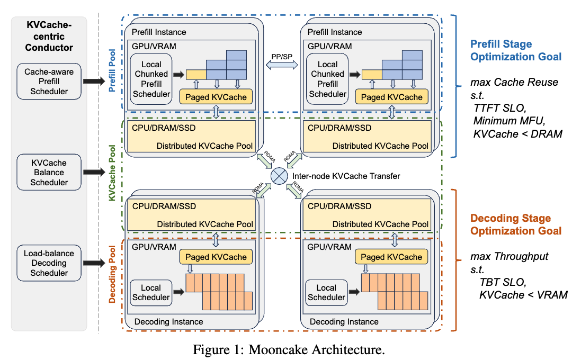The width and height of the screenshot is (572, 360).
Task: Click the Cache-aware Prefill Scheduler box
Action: click(x=49, y=82)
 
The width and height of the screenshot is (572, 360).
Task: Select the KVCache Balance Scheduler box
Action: click(x=49, y=172)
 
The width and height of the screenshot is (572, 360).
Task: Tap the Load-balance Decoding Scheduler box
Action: click(x=49, y=263)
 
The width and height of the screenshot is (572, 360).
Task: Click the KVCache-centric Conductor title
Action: click(x=49, y=36)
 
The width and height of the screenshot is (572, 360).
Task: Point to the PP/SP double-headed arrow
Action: click(x=282, y=65)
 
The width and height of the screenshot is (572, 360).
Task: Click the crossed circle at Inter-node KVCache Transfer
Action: click(x=279, y=176)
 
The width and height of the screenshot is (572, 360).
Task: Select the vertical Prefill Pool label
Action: click(x=112, y=70)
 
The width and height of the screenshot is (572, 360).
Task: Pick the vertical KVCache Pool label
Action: click(x=112, y=173)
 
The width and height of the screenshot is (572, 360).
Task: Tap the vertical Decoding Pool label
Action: click(x=112, y=274)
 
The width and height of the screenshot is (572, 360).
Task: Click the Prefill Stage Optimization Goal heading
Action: click(x=515, y=50)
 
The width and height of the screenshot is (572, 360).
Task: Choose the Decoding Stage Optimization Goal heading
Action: click(x=515, y=224)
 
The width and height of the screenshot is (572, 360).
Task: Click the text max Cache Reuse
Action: click(x=514, y=82)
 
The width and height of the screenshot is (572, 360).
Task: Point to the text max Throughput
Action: click(x=510, y=256)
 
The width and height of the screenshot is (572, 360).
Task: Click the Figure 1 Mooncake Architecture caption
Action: click(x=289, y=349)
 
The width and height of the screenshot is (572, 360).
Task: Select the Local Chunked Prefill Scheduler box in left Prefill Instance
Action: click(x=151, y=79)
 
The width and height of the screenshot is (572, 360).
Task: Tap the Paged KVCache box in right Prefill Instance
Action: click(x=391, y=97)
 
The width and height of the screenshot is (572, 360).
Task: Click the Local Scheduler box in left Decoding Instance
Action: click(x=151, y=293)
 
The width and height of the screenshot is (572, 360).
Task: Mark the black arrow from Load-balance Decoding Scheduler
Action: click(x=94, y=263)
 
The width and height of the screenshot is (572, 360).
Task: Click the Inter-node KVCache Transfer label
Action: click(x=346, y=176)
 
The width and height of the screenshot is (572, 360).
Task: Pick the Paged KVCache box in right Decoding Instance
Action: click(x=391, y=257)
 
